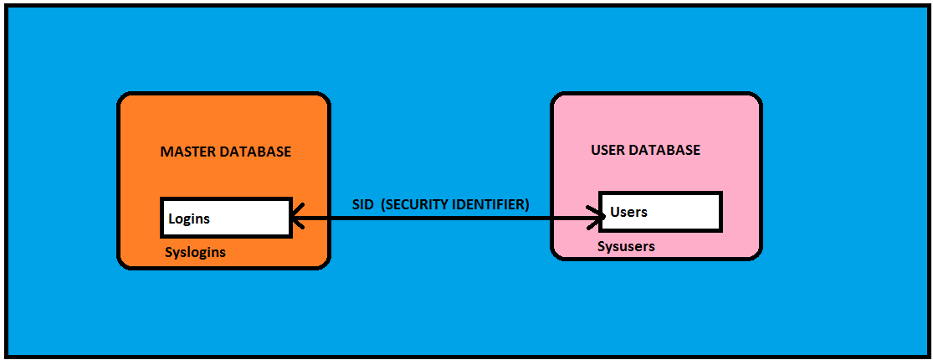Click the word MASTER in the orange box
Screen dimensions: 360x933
click(x=185, y=152)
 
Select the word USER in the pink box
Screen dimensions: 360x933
click(x=607, y=151)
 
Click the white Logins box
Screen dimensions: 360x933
click(x=225, y=218)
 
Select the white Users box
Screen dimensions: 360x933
click(x=660, y=212)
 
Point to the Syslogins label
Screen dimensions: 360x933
click(x=195, y=252)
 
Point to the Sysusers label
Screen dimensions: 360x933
click(x=626, y=246)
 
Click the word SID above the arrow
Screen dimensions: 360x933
click(x=362, y=204)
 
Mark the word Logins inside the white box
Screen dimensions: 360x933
click(x=189, y=219)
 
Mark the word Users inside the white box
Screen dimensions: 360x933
click(x=628, y=212)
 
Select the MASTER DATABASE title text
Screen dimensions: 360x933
click(x=225, y=152)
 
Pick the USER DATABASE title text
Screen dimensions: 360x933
click(x=645, y=151)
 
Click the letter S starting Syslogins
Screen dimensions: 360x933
click(x=169, y=252)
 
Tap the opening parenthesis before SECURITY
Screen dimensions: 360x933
click(x=382, y=204)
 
